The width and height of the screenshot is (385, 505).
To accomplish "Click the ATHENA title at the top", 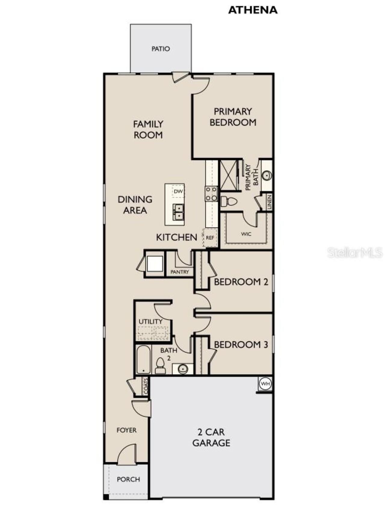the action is click(253, 10).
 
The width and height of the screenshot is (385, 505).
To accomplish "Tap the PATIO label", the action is click(161, 49).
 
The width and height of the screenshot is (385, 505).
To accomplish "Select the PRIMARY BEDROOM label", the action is click(233, 117).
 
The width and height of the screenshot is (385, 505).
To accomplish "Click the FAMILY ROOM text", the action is click(148, 129).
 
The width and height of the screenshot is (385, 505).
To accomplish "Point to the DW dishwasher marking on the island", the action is click(178, 191).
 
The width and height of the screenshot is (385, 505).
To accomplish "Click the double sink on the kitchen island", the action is click(178, 212).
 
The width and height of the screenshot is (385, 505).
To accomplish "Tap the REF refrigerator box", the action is click(210, 238).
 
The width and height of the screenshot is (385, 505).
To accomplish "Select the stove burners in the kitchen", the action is click(211, 194).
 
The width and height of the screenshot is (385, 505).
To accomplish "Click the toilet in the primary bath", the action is click(229, 201).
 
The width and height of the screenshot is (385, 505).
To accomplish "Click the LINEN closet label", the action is click(269, 202).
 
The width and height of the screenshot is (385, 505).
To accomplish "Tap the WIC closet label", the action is click(246, 234).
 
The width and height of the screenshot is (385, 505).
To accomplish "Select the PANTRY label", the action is click(180, 272).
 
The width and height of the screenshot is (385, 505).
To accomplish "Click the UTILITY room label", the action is click(150, 321).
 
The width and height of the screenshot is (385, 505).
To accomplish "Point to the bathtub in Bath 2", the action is click(143, 360).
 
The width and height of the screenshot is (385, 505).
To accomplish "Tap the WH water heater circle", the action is click(265, 384).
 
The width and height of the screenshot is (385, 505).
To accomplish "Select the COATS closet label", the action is click(146, 387).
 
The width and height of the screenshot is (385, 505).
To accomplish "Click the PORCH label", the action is click(128, 479).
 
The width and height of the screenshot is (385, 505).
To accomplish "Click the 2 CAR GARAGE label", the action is click(211, 437).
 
